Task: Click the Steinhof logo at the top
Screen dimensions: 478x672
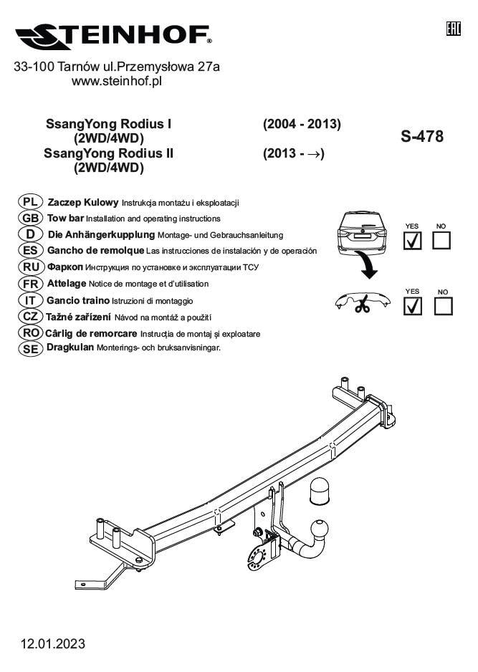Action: point(114,37)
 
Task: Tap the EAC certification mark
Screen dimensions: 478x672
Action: point(454,29)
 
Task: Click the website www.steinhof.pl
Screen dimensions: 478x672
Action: point(117,81)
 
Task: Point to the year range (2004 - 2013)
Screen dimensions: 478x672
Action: point(302,124)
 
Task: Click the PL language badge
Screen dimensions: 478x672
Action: point(30,202)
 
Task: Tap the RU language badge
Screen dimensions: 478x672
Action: point(31,267)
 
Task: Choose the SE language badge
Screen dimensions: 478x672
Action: point(30,349)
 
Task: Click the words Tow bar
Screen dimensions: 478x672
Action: point(65,218)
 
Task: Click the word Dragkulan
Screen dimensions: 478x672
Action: point(70,347)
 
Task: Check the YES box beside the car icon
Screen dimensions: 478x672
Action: point(412,241)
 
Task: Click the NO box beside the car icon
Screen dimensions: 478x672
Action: point(441,241)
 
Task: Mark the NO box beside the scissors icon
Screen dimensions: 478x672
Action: point(444,307)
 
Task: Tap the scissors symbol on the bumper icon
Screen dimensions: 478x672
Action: point(362,304)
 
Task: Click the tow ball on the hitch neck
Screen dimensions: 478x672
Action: point(320,529)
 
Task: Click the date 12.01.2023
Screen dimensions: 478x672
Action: point(53,644)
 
